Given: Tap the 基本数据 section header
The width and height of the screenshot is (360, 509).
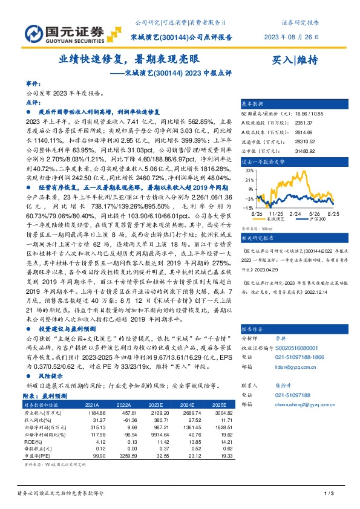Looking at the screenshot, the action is point(254,103).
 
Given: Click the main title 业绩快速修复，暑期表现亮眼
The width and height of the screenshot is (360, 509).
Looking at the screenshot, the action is point(128,60).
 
